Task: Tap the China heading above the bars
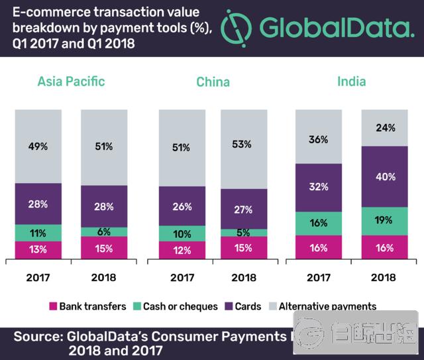pos(213,82)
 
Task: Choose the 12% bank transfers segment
pos(182,250)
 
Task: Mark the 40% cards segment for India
pos(385,177)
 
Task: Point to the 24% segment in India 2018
pos(385,128)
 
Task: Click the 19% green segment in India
pos(385,221)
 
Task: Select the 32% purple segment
pos(318,188)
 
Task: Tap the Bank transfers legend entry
pos(87,306)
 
